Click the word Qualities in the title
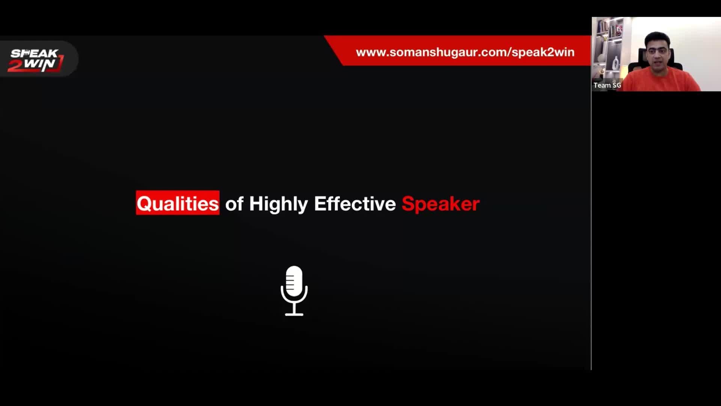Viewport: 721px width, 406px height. click(x=178, y=203)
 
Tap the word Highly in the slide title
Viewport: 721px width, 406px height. click(x=278, y=204)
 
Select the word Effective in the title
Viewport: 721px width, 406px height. click(x=355, y=203)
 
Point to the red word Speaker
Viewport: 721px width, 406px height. click(x=440, y=204)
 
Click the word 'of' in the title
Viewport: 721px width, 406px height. click(x=234, y=203)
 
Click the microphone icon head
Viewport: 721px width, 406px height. click(x=294, y=281)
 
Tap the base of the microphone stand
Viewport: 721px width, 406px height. click(x=294, y=314)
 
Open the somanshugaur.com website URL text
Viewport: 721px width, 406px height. click(x=465, y=52)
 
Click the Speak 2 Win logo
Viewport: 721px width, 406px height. click(x=36, y=60)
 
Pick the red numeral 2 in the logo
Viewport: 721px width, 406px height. click(x=15, y=65)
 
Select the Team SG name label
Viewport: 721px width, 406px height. click(x=607, y=85)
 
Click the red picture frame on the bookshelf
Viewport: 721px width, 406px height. click(x=618, y=30)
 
